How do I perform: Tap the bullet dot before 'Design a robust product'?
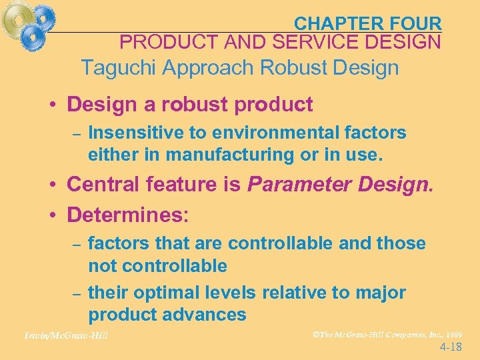click(51, 105)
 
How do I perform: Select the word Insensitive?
click(136, 133)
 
